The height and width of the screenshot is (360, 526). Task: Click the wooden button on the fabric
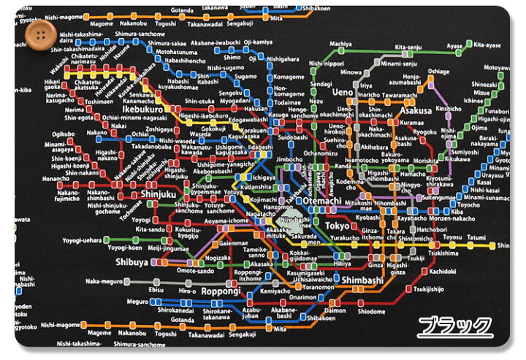(34, 33)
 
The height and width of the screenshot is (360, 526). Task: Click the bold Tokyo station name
(338, 226)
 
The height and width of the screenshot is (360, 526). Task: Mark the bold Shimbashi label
(356, 280)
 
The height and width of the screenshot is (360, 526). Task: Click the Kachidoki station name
(443, 271)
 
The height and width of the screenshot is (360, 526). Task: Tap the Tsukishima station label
(444, 253)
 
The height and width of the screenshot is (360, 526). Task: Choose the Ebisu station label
(157, 290)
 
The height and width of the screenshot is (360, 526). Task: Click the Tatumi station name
(477, 237)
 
